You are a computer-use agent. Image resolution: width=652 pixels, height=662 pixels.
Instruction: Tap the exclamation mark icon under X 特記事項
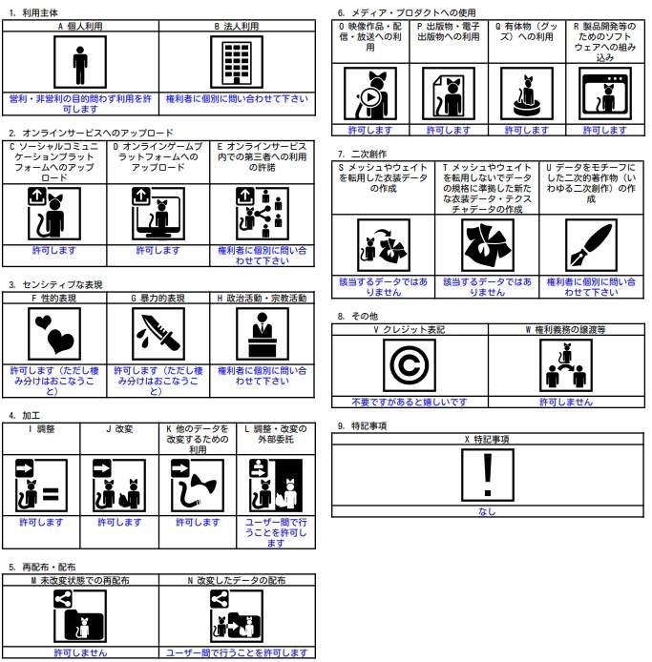(488, 476)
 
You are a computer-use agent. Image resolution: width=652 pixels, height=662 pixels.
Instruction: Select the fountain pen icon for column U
(591, 246)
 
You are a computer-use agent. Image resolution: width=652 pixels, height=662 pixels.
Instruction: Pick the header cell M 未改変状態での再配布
(80, 579)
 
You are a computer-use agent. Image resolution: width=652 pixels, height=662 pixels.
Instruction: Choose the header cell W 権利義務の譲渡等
(566, 329)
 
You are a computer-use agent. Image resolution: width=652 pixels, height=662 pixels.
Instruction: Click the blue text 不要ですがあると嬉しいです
(410, 403)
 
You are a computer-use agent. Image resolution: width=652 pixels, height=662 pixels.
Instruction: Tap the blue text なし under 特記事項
(488, 512)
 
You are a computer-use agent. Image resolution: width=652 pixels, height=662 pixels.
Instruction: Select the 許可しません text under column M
(80, 653)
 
